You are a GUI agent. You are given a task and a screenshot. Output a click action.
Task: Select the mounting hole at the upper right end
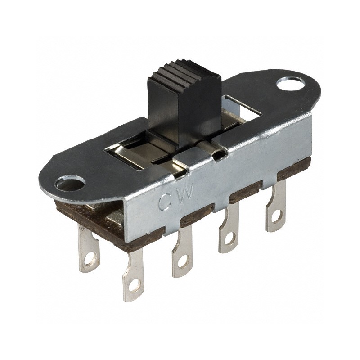(287, 83)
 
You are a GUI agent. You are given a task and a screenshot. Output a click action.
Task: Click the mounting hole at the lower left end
(70, 183)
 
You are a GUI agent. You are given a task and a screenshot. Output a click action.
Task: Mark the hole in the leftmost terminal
(92, 259)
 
